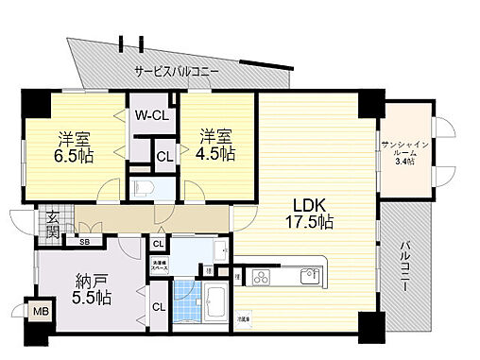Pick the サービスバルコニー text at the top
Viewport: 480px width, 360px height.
coord(177,72)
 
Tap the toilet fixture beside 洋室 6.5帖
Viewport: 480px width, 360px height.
coord(145,186)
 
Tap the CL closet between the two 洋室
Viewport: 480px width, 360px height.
coord(163,157)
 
